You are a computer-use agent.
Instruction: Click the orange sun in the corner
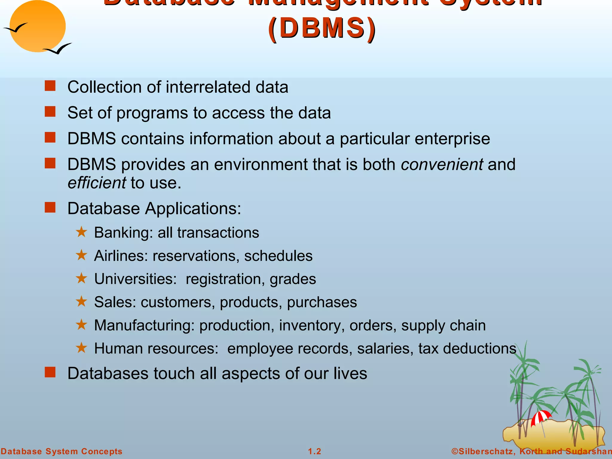click(37, 26)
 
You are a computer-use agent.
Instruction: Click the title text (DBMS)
click(322, 28)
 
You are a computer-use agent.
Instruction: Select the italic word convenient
click(442, 164)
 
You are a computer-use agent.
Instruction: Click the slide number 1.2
click(314, 451)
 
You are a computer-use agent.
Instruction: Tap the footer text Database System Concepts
click(62, 451)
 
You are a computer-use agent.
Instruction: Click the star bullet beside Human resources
click(81, 348)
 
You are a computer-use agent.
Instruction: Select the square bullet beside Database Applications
click(50, 207)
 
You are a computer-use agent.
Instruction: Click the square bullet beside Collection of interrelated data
click(50, 86)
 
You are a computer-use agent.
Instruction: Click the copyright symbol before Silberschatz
click(455, 451)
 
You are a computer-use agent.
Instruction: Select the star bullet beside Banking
click(81, 232)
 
